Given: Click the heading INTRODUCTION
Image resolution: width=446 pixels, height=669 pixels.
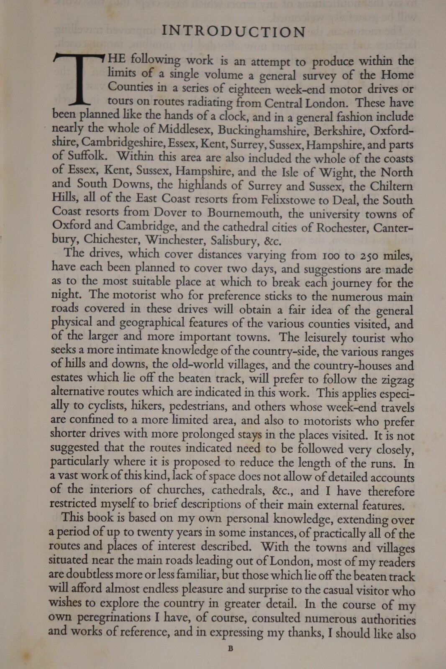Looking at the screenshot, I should [234, 32].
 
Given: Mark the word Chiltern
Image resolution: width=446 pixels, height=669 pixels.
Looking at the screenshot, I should [390, 186].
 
